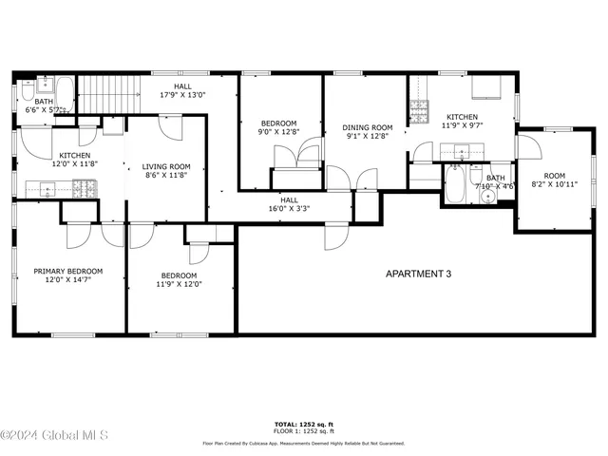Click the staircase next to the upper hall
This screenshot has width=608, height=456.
click(106, 94)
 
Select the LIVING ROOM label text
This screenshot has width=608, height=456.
click(167, 166)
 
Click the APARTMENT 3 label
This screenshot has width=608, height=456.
click(418, 275)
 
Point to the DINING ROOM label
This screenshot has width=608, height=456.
click(368, 127)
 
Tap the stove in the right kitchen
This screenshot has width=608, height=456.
click(418, 113)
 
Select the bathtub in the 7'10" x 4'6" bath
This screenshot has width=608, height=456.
click(455, 184)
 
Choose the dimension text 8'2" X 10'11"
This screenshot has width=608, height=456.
click(554, 185)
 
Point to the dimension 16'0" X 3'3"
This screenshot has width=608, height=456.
click(289, 208)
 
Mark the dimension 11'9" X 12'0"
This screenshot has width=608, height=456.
click(180, 283)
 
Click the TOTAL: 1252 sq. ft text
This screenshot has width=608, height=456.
click(303, 424)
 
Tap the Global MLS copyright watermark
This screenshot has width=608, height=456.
click(54, 435)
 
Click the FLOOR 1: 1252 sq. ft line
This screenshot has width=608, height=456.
click(303, 431)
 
